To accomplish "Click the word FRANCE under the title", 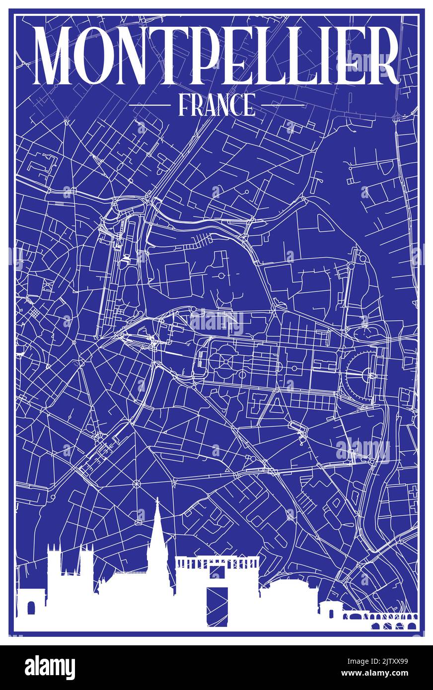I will [216, 105].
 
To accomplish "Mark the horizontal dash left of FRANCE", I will [149, 105].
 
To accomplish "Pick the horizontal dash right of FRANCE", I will [283, 105].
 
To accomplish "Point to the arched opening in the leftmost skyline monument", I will [31, 608].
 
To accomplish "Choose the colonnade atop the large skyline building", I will [217, 562].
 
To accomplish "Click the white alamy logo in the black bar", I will [50, 668].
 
